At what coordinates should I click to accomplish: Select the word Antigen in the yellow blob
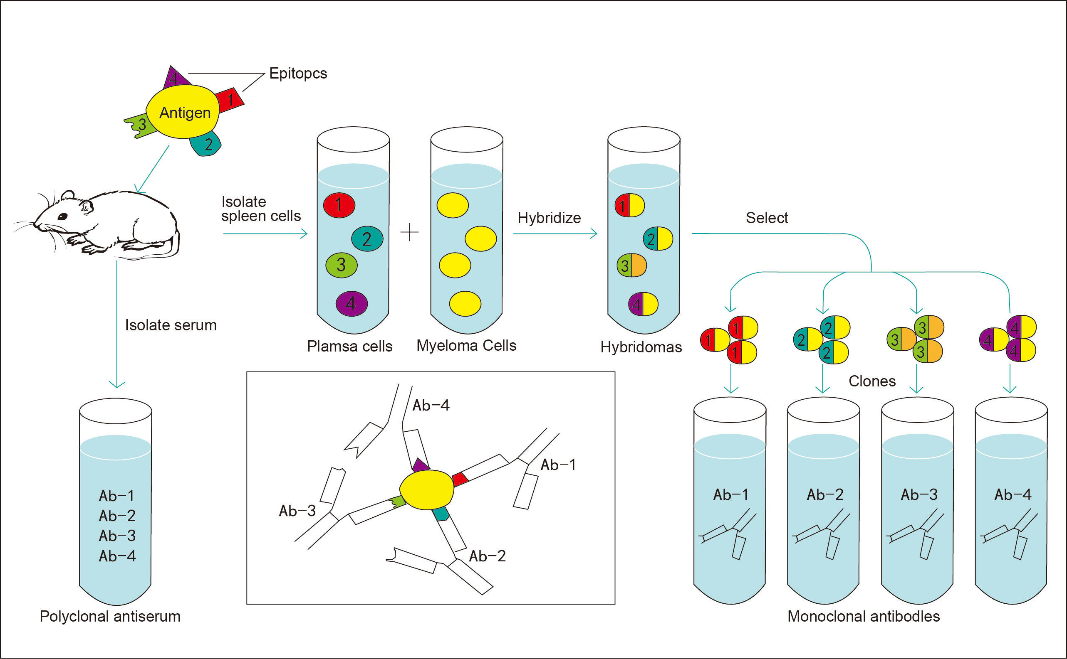tap(185, 113)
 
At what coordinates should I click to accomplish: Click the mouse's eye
tap(62, 216)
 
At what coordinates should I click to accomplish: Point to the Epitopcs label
tap(298, 73)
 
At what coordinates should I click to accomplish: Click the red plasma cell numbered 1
tap(339, 205)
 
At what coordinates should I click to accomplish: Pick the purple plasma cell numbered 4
tap(352, 303)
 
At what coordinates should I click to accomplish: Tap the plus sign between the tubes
tap(409, 232)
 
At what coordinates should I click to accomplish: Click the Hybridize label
tap(549, 218)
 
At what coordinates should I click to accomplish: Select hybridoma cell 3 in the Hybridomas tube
tap(631, 266)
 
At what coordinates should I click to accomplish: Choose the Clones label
tap(871, 381)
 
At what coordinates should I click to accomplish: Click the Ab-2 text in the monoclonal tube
tap(825, 495)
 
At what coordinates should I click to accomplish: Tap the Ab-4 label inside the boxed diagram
tap(431, 406)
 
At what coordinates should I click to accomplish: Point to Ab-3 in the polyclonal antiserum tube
tap(117, 536)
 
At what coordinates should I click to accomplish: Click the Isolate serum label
tap(171, 325)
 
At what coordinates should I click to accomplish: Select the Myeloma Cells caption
tap(466, 346)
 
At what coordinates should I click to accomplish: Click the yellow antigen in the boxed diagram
tap(427, 490)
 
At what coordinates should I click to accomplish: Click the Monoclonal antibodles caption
tap(863, 616)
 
